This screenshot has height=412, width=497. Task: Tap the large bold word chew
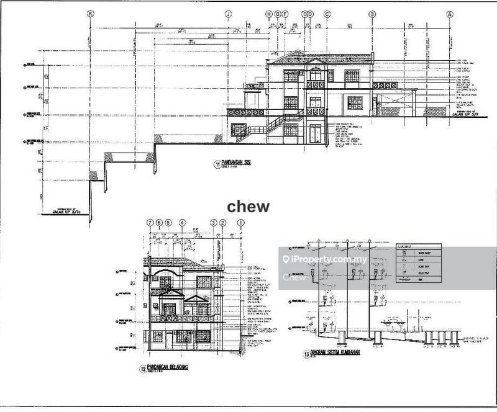tap(248, 207)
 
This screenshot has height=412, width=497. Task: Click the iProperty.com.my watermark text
tap(330, 259)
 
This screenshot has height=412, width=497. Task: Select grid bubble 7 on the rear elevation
tap(150, 222)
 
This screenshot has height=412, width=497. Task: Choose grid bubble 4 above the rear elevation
tap(181, 222)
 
